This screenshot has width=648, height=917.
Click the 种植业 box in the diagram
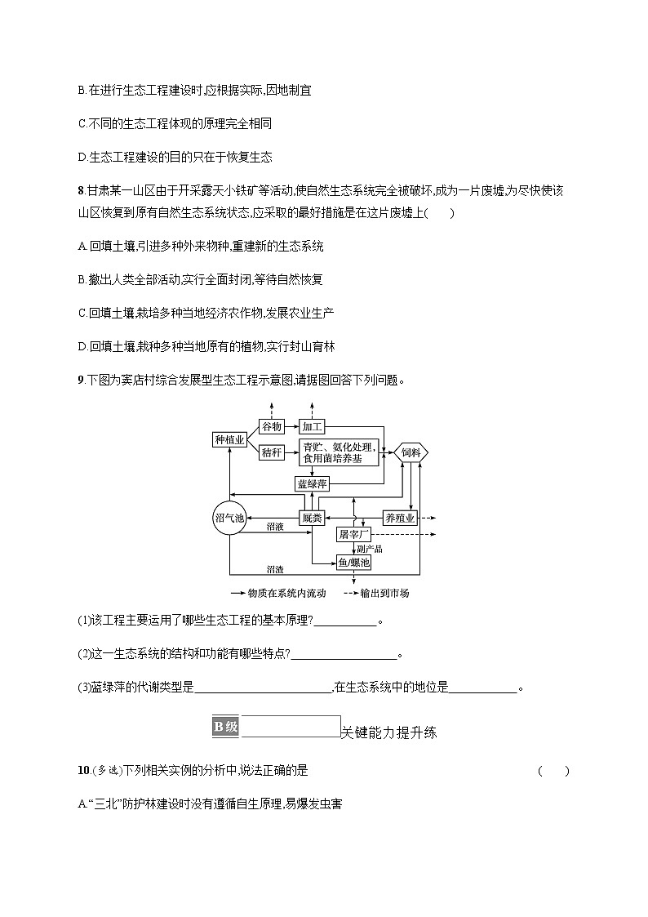[229, 440]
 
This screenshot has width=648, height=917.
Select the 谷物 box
[272, 426]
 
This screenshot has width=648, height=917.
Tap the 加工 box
[313, 426]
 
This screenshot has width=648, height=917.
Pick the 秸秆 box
[272, 452]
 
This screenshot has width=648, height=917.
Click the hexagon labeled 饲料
[411, 452]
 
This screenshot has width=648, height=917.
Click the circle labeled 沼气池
[229, 518]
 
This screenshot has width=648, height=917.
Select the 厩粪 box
[311, 518]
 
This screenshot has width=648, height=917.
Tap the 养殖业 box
[400, 518]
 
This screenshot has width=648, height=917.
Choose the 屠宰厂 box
[353, 534]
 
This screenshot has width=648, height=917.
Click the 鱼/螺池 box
[353, 563]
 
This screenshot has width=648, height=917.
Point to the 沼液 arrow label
[275, 527]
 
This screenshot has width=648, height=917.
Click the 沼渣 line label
[275, 568]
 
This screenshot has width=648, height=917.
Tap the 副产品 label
[370, 549]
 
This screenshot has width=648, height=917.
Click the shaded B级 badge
[226, 727]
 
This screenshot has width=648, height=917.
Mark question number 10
[82, 771]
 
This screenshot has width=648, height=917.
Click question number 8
[80, 191]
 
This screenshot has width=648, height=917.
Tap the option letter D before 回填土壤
[82, 346]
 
